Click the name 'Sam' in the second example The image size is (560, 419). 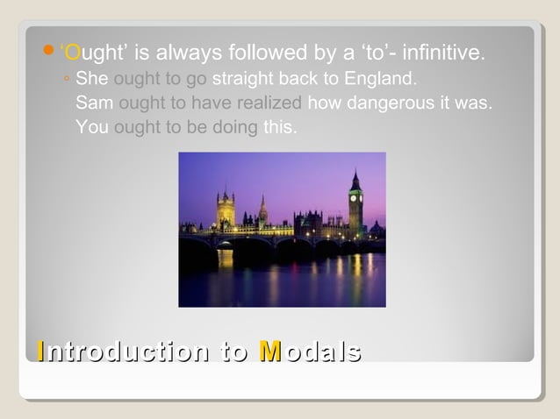tap(93, 103)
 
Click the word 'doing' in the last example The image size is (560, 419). tap(234, 127)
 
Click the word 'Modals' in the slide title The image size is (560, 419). tap(311, 352)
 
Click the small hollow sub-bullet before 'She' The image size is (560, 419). tap(68, 81)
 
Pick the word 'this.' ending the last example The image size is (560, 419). tap(280, 127)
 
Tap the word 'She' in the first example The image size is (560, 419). tap(93, 80)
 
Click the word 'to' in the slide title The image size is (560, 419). tap(235, 352)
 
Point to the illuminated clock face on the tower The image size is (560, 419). tap(355, 197)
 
